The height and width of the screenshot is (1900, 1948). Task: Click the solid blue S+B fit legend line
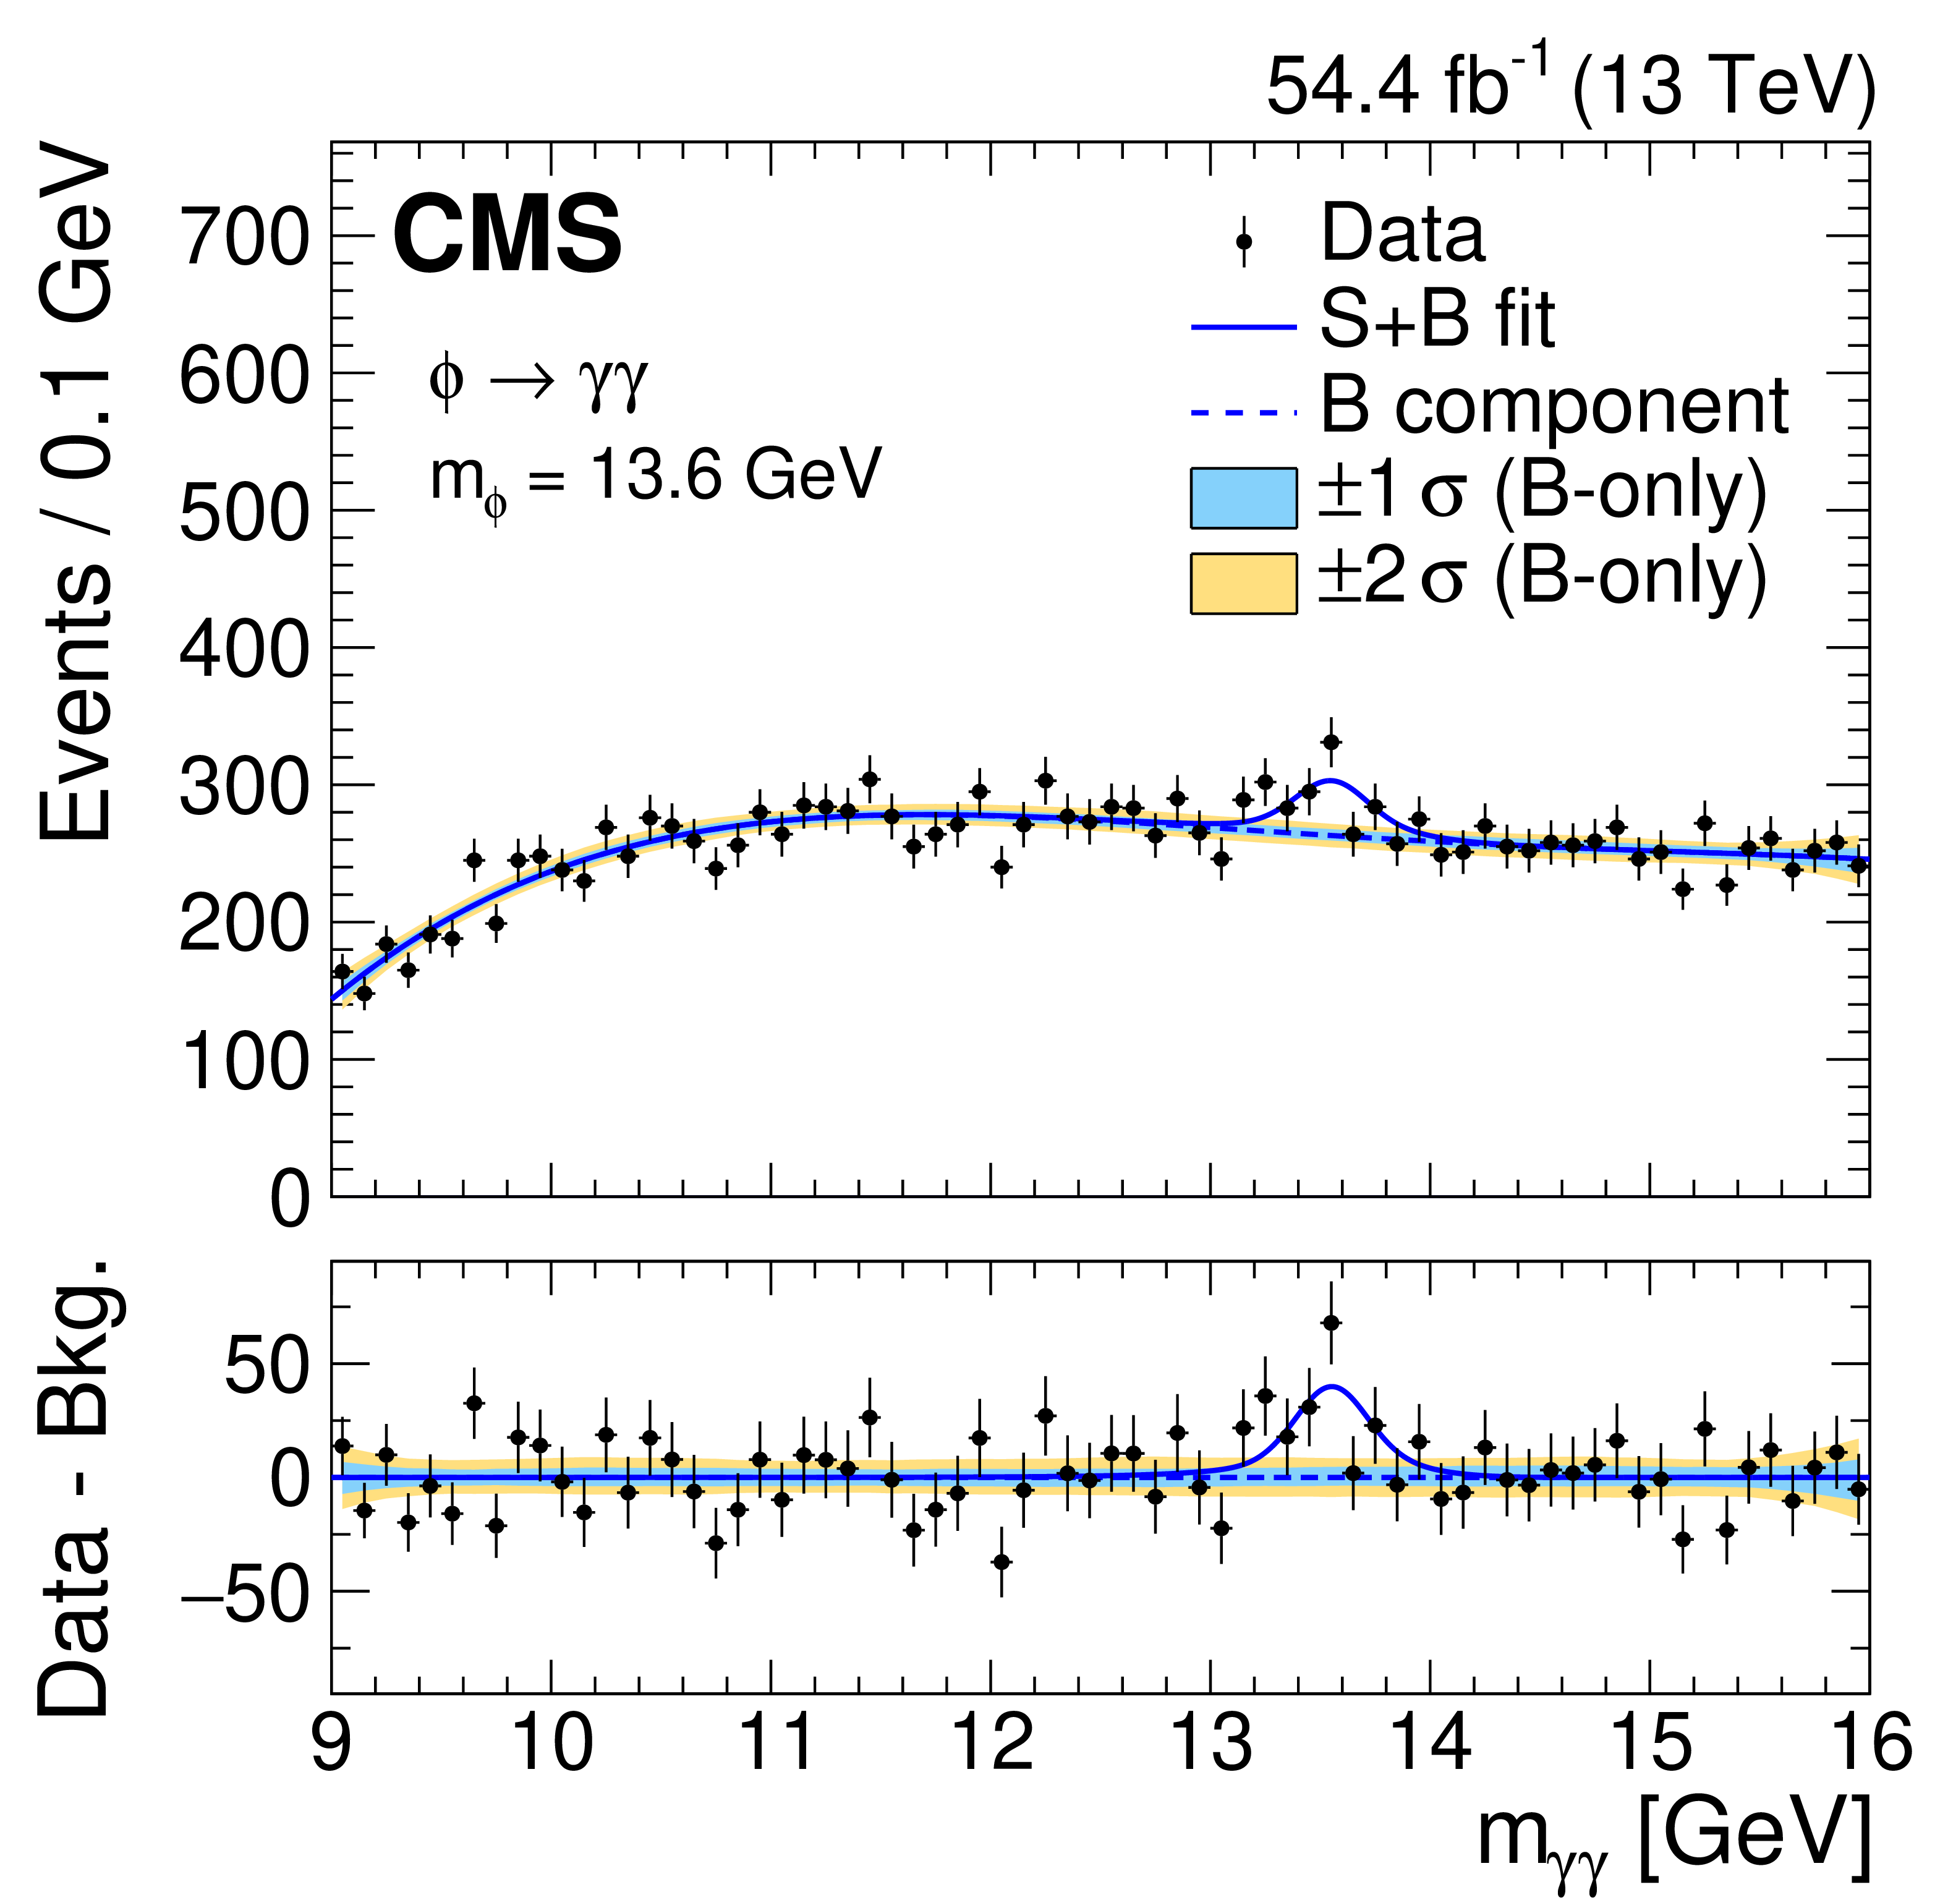point(1243,327)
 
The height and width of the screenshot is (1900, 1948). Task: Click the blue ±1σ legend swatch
point(1243,497)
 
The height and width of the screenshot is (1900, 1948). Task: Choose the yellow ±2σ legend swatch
point(1243,583)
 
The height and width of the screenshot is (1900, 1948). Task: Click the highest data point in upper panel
point(1331,741)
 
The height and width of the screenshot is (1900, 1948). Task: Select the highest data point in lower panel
point(1331,1323)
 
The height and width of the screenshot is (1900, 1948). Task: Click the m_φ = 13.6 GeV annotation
point(656,477)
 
